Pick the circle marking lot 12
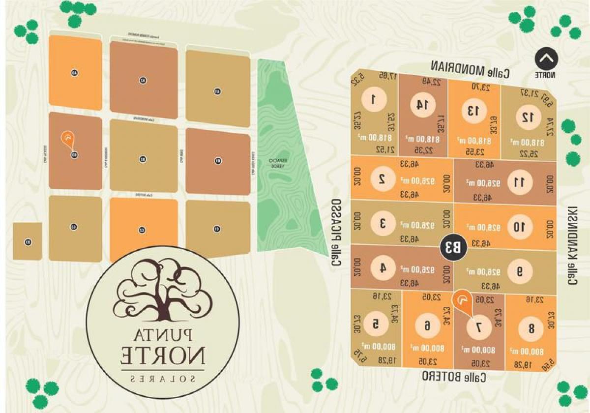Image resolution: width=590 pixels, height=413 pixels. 528,117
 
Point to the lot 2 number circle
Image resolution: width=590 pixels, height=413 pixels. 382,179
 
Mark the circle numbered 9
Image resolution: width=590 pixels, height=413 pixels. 520,271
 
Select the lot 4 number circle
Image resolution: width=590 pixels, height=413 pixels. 382,268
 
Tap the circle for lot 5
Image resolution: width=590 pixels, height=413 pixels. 376,324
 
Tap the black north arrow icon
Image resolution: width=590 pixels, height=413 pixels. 546,59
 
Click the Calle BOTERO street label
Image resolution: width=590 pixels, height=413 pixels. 455,377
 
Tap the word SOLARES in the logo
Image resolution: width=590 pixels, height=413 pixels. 163,379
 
